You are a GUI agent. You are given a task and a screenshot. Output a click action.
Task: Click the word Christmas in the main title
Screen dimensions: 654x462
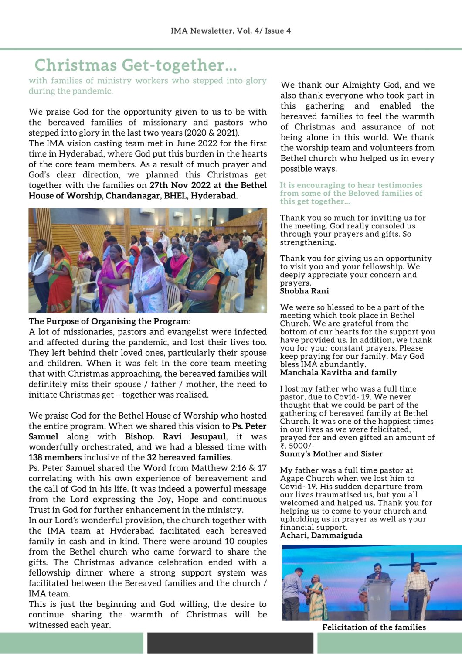(75, 65)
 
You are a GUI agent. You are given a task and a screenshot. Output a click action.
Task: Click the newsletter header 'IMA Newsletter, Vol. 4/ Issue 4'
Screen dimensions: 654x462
(231, 31)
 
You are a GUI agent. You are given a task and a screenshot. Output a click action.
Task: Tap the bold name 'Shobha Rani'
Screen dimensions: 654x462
(304, 291)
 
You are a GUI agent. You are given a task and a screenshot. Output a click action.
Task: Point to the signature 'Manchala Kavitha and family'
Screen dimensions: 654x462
(338, 372)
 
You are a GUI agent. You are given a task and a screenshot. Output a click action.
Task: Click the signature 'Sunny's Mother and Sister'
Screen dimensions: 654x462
(331, 454)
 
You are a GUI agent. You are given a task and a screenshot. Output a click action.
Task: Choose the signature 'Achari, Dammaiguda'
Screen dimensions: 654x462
(321, 535)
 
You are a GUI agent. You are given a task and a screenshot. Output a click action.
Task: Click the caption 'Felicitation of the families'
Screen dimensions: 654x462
(374, 627)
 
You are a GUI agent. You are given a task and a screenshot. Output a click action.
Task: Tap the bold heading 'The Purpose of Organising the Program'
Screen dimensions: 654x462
(109, 321)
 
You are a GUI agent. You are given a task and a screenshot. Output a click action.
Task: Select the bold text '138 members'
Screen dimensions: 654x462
(55, 457)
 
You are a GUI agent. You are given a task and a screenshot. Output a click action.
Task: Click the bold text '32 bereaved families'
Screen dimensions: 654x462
(189, 457)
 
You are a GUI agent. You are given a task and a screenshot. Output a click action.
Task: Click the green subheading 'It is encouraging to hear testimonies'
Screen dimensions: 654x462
(351, 185)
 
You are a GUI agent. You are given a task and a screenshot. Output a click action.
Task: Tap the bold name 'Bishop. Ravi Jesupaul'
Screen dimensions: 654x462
(175, 436)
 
